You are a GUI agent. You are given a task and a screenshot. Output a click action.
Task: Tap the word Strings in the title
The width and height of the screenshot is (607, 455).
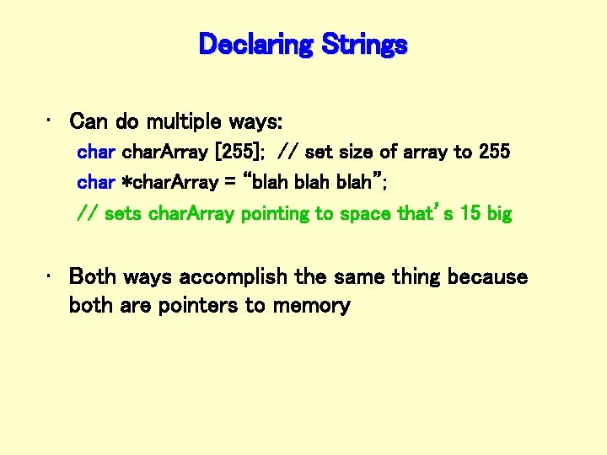[362, 44]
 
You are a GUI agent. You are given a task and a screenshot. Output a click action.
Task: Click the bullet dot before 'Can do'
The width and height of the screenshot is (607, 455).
[51, 122]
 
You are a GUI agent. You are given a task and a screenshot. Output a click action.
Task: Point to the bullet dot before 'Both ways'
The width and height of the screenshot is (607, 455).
[51, 277]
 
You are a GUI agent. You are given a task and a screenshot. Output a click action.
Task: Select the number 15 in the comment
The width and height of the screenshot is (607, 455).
[470, 214]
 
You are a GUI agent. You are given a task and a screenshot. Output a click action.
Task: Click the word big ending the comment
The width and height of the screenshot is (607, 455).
[499, 214]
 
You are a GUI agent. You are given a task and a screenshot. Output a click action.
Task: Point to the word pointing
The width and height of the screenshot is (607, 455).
[276, 214]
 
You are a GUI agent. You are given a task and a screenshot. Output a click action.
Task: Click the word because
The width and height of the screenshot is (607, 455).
[487, 277]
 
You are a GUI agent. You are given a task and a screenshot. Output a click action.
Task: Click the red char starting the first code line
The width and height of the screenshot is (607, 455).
[96, 153]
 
